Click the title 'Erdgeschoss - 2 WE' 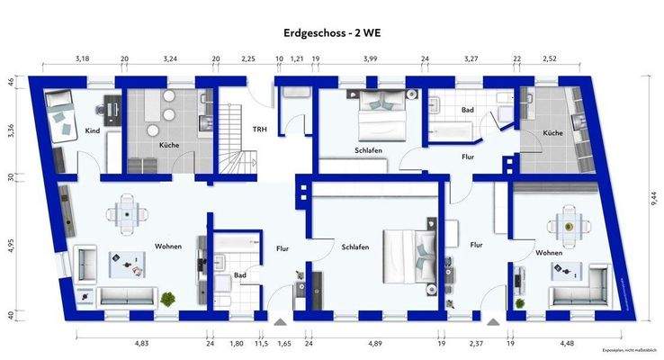[x=331, y=31]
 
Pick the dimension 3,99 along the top [x=369, y=58]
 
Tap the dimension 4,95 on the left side [x=11, y=244]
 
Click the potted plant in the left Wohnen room [x=166, y=297]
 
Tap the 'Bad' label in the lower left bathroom [x=239, y=275]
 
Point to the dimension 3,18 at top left [x=82, y=58]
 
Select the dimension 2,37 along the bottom [x=476, y=342]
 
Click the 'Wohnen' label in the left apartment [x=168, y=246]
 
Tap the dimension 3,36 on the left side [x=11, y=129]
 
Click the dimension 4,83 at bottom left [x=141, y=342]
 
